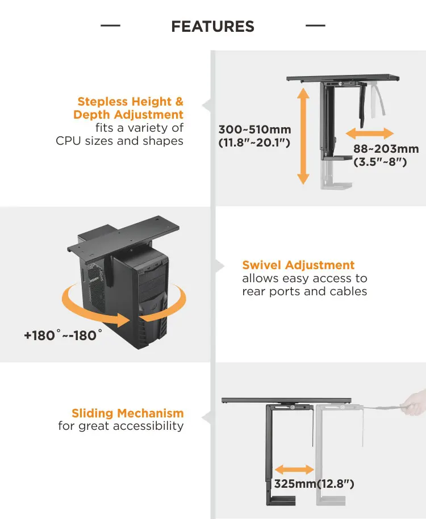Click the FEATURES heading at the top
point(212,26)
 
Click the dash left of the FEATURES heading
point(110,26)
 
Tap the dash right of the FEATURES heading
point(315,26)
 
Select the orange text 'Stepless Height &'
point(131,102)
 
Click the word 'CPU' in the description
point(69,141)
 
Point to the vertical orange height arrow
point(303,136)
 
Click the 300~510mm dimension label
point(254,129)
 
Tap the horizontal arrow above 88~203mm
point(370,134)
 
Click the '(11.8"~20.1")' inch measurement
point(254,143)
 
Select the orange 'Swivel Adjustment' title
point(298,265)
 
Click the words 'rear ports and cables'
point(304,292)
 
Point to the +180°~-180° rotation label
point(63,336)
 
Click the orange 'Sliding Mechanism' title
point(127,413)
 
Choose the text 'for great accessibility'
point(121,426)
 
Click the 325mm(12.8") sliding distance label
point(314,484)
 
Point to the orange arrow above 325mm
point(294,470)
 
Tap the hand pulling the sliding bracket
point(414,401)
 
